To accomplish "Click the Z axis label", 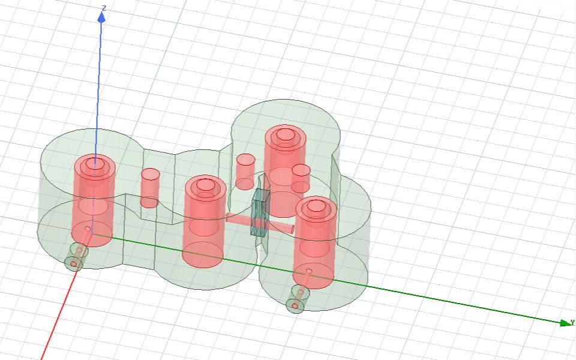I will pos(104,8).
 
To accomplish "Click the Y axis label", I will pos(572,322).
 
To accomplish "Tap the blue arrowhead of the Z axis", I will pos(101,17).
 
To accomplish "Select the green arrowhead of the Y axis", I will pos(565,323).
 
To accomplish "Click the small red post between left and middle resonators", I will pos(150,187).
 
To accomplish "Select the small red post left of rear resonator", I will pos(245,172).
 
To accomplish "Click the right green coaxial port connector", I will pos(297,299).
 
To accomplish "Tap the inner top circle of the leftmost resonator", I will pos(93,163).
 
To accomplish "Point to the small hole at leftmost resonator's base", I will pos(88,229).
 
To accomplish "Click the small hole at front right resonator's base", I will pos(309,271).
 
